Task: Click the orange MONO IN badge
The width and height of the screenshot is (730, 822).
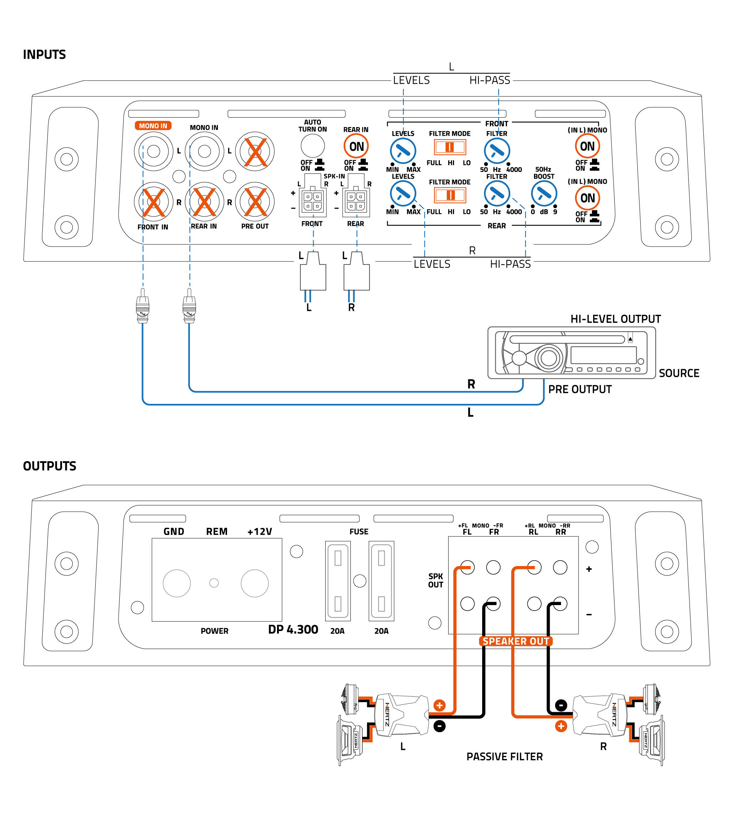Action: (153, 126)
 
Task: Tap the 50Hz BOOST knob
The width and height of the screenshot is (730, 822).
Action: (543, 194)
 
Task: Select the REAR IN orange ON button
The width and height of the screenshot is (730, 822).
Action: (356, 146)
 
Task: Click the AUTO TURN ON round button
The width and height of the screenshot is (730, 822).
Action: (312, 146)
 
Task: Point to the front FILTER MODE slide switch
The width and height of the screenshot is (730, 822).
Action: (449, 147)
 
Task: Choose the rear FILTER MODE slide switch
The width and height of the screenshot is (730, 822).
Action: (449, 195)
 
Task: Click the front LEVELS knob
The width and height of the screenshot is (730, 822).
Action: (403, 151)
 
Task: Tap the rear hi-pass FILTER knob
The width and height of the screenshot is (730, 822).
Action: (497, 194)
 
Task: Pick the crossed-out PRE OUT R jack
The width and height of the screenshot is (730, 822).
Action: (255, 202)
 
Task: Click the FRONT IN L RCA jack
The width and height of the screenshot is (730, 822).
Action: (153, 151)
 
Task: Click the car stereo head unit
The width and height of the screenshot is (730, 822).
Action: (571, 353)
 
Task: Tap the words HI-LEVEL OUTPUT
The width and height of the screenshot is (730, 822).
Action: (615, 319)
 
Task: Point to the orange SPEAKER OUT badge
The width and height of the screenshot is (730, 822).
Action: (515, 641)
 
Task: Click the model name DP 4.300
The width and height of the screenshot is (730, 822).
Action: (293, 629)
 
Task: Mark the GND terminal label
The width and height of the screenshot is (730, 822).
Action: (174, 532)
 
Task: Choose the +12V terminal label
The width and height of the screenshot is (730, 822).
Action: (260, 532)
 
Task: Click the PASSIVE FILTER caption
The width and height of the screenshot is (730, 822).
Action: (504, 756)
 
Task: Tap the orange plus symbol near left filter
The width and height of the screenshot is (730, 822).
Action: (439, 705)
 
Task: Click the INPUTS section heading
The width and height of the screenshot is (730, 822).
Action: (44, 55)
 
